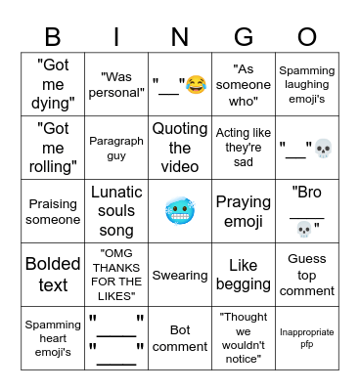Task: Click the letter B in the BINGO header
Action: click(54, 37)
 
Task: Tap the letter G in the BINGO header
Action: click(244, 37)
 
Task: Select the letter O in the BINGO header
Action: click(307, 37)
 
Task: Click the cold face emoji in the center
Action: click(180, 210)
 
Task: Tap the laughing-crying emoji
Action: click(195, 86)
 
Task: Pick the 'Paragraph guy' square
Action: click(116, 149)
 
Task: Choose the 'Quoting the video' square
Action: click(180, 149)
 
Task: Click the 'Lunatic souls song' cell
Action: click(116, 211)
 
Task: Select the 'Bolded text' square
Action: click(53, 275)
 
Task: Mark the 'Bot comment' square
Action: click(180, 338)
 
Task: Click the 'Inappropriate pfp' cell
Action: click(307, 338)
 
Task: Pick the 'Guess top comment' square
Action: click(307, 275)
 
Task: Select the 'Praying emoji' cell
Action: click(244, 211)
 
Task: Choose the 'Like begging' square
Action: click(244, 275)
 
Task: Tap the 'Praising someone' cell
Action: click(53, 211)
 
